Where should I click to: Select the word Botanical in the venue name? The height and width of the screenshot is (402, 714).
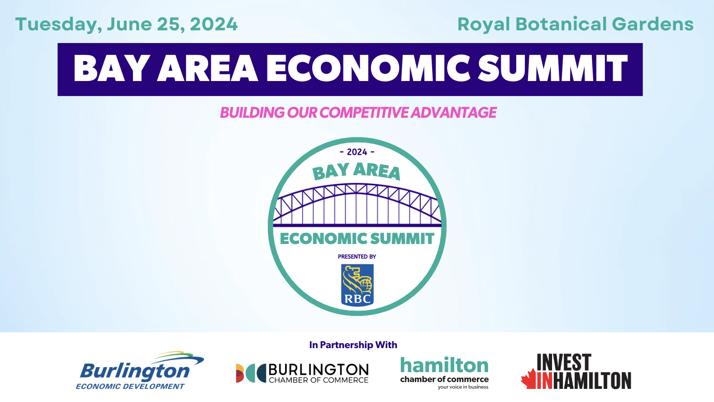561,24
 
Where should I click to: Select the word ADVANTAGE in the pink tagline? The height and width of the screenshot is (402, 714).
453,113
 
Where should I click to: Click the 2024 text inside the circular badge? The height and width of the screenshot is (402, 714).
357,152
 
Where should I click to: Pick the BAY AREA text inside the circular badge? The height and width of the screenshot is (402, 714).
357,171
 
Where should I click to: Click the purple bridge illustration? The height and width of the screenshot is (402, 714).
357,205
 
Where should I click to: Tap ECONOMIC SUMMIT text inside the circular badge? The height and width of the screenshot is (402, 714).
357,239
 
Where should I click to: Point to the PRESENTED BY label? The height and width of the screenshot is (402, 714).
357,257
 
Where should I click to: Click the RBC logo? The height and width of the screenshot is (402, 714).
357,285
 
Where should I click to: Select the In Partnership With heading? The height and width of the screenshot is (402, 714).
353,345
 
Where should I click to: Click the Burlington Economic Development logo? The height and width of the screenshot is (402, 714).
140,370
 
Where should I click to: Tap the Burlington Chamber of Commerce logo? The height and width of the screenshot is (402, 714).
302,373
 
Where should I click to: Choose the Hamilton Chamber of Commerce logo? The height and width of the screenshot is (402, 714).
444,373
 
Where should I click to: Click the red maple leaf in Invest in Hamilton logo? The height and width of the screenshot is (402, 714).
528,379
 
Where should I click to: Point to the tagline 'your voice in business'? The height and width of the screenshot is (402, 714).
463,387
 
